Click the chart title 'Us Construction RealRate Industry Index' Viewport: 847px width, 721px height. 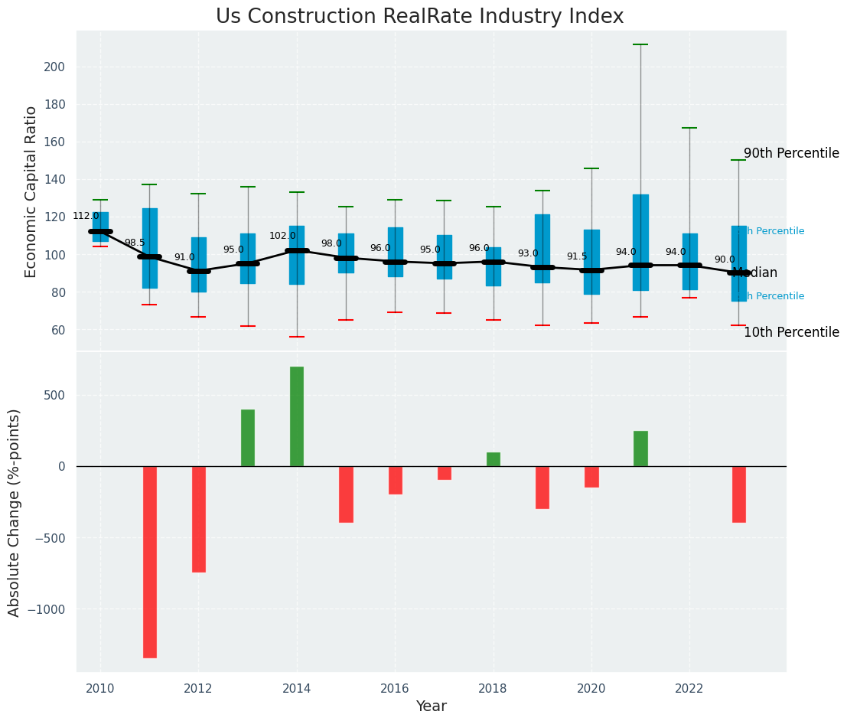click(x=419, y=17)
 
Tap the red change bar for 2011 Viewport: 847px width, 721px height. click(x=149, y=561)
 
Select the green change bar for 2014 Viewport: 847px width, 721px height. click(x=297, y=416)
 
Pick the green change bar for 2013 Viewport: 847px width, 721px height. click(x=248, y=438)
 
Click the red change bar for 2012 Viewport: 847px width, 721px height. click(x=199, y=519)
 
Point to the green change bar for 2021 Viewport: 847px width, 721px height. click(x=640, y=449)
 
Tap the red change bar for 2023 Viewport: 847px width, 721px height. click(x=738, y=494)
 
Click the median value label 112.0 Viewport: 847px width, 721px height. click(x=86, y=217)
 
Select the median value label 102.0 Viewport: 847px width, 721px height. click(x=282, y=236)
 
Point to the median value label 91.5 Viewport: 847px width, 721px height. click(x=577, y=256)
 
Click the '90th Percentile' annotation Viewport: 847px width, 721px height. click(x=791, y=153)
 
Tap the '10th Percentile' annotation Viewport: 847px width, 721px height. click(x=791, y=332)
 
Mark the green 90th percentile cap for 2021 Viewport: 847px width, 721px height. click(x=640, y=44)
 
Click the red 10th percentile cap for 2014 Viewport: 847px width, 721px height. click(x=297, y=337)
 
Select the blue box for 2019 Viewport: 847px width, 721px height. click(x=542, y=248)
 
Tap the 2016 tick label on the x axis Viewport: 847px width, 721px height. click(x=395, y=689)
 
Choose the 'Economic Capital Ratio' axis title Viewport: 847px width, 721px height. click(x=31, y=191)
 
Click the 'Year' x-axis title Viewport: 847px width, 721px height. click(x=431, y=706)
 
